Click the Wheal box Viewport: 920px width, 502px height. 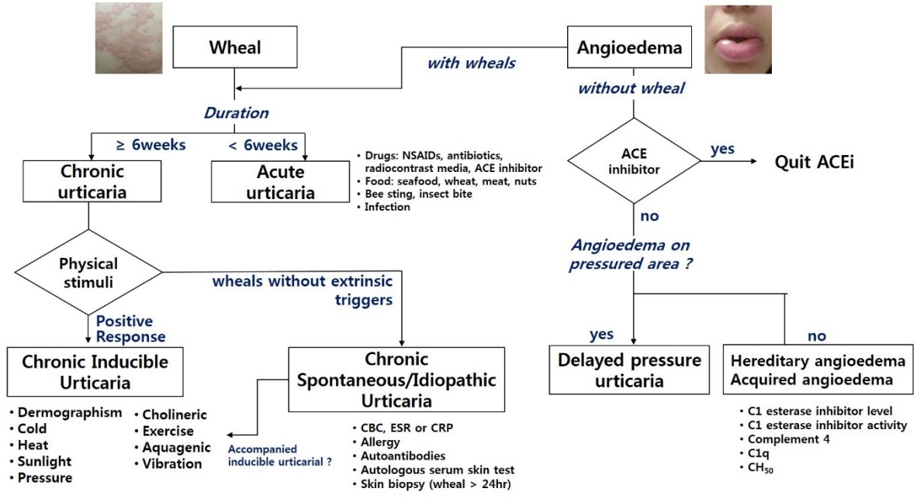pos(235,46)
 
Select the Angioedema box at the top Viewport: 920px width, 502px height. pos(629,46)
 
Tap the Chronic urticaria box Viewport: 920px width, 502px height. pos(92,181)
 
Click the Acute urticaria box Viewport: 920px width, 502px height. pos(281,182)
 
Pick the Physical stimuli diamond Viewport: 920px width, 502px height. pos(88,273)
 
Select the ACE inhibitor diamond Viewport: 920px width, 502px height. pos(634,161)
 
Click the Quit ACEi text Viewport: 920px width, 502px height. pos(815,162)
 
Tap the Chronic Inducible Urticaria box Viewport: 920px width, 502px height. pos(95,372)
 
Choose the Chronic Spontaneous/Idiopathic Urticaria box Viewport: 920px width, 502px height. pos(396,380)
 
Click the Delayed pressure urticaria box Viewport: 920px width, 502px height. pos(629,370)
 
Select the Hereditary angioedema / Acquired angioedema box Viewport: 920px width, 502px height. pos(818,370)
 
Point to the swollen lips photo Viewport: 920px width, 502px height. pos(738,40)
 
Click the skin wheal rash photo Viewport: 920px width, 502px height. pos(129,38)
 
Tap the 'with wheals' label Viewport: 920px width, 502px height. pos(471,64)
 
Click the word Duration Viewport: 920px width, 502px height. pos(236,113)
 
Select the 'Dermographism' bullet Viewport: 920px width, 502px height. pos(66,413)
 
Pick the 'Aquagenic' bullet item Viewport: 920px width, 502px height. pos(172,448)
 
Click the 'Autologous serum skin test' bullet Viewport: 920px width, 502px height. pos(434,469)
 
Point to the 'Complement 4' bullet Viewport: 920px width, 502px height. pos(785,439)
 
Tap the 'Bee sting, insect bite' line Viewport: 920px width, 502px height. pos(414,194)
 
